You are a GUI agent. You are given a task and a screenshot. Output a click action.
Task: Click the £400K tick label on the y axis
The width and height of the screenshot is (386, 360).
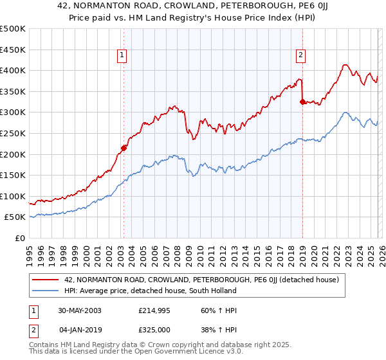13,70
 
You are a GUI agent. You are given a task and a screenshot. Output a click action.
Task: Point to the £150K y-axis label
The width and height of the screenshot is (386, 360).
13,175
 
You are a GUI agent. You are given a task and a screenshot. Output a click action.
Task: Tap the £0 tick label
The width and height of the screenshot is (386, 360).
19,238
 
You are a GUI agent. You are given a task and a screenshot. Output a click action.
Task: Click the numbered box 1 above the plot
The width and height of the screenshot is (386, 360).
122,56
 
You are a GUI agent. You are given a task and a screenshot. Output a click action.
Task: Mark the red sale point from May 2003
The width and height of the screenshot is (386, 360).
124,148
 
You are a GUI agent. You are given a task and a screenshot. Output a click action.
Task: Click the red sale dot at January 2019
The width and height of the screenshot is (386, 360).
302,101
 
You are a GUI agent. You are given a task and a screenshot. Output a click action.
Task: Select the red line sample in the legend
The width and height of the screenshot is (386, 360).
46,280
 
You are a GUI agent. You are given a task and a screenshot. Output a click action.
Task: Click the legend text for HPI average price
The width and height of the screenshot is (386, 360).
151,291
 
